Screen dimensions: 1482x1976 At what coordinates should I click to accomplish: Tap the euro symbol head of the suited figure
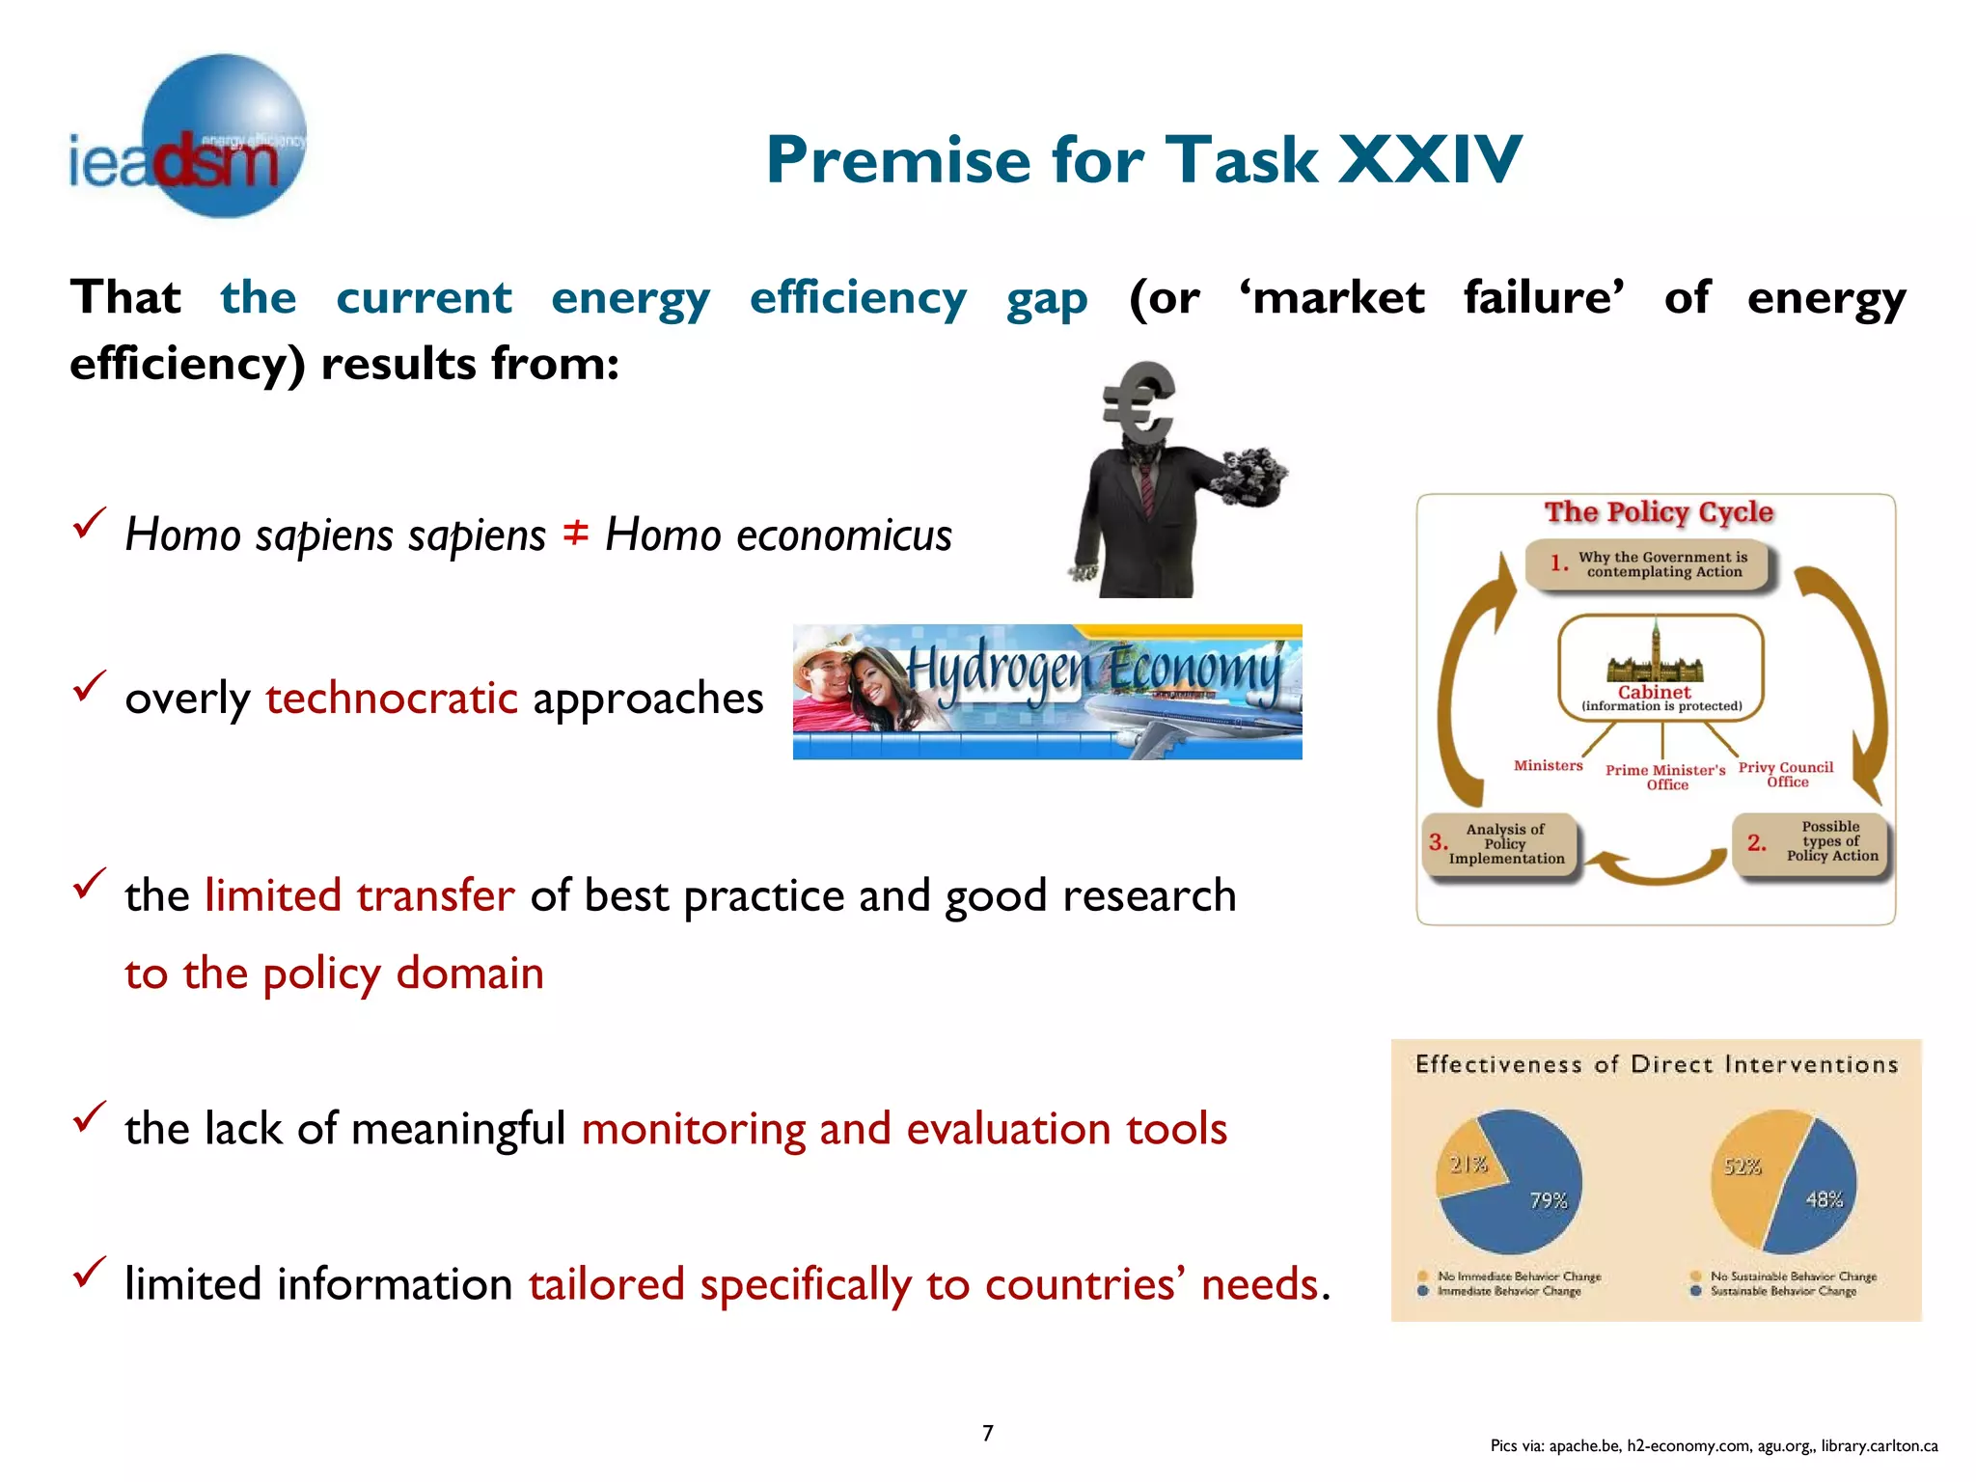point(1139,400)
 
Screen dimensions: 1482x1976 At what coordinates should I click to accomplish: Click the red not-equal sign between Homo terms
point(575,532)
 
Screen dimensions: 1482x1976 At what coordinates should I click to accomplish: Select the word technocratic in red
point(392,698)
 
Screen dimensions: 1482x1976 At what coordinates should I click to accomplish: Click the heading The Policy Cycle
point(1659,511)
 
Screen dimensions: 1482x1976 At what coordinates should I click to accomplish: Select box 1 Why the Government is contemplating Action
point(1651,564)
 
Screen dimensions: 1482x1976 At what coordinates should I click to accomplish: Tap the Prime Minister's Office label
point(1665,777)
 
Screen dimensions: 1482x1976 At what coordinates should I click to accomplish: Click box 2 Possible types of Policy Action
point(1812,841)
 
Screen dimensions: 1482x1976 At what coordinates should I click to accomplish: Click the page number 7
point(987,1433)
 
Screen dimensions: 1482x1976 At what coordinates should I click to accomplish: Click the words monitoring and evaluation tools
point(904,1128)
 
